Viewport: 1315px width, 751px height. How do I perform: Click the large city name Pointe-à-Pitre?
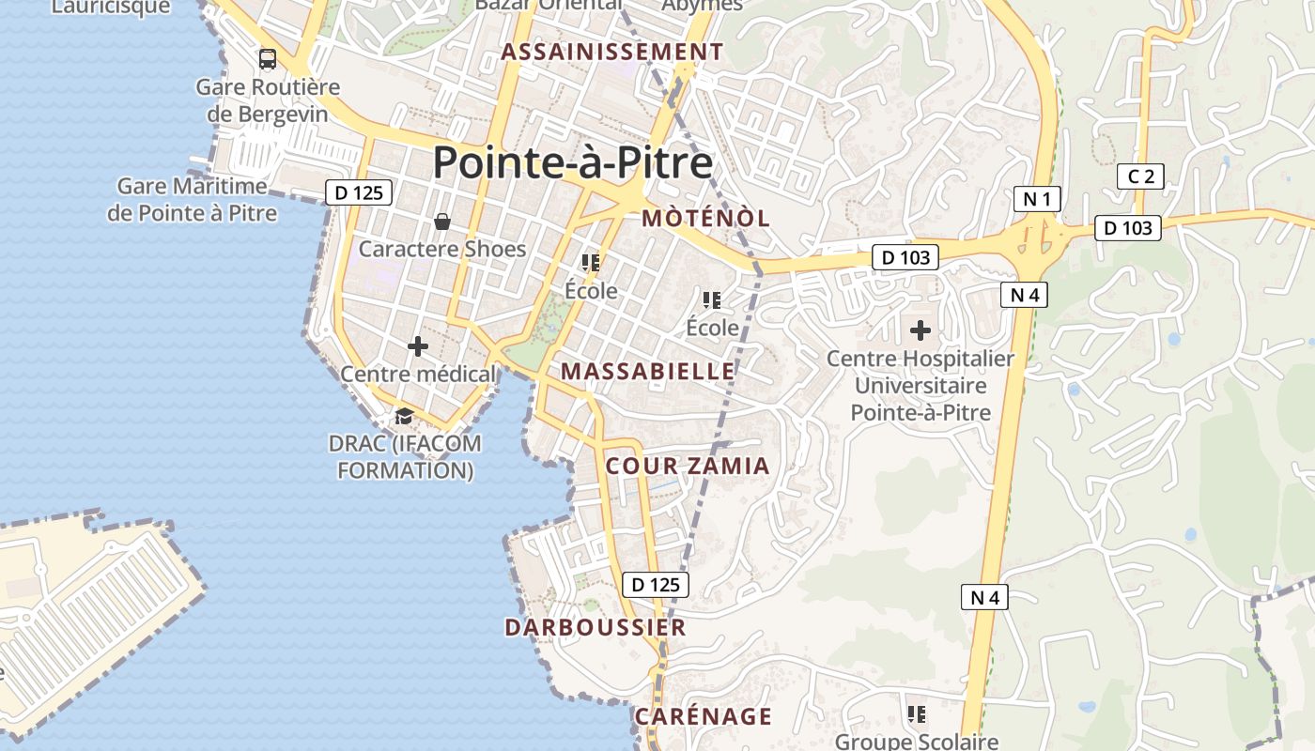pos(572,163)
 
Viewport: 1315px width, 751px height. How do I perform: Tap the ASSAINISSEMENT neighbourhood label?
pos(612,52)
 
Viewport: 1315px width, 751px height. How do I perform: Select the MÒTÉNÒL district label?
pos(705,219)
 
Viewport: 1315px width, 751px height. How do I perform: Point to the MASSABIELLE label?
pos(648,371)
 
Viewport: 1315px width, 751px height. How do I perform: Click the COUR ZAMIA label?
pos(688,466)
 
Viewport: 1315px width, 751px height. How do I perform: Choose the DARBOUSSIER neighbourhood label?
pos(596,627)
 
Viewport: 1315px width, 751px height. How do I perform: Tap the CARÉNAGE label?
pos(704,716)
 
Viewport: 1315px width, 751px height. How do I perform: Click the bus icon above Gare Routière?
pos(268,59)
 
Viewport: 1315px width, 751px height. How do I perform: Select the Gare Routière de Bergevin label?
pos(268,100)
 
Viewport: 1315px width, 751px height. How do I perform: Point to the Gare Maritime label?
pos(193,199)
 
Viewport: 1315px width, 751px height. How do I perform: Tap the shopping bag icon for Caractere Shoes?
pos(441,222)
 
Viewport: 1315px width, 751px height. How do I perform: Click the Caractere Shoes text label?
pos(442,249)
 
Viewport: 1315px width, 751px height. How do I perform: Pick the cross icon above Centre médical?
pos(418,346)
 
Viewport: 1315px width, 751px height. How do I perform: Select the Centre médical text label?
pos(418,374)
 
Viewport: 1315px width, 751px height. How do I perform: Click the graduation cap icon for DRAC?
pos(404,416)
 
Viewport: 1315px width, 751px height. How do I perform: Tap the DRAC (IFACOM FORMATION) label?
pos(405,456)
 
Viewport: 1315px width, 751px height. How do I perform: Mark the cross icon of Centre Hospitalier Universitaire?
pos(920,330)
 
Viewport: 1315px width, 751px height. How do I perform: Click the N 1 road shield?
pos(1038,199)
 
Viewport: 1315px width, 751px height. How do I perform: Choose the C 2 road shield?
pos(1140,176)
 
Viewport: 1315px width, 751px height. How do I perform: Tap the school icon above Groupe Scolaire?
pos(918,714)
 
